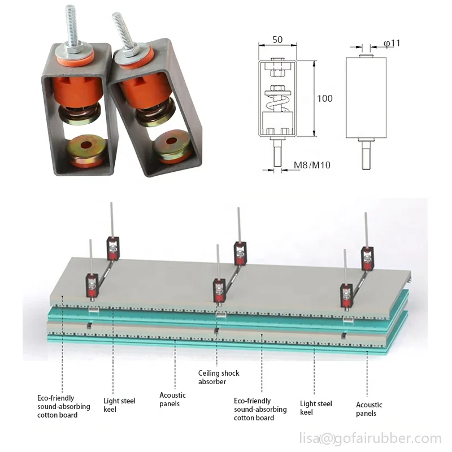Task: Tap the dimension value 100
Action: [324, 98]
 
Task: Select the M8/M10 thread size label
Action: [311, 166]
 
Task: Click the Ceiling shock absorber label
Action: [219, 377]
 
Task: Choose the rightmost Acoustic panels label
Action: [369, 408]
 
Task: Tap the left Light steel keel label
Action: [119, 405]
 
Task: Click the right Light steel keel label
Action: [316, 407]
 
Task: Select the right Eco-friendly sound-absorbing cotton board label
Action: [254, 409]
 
